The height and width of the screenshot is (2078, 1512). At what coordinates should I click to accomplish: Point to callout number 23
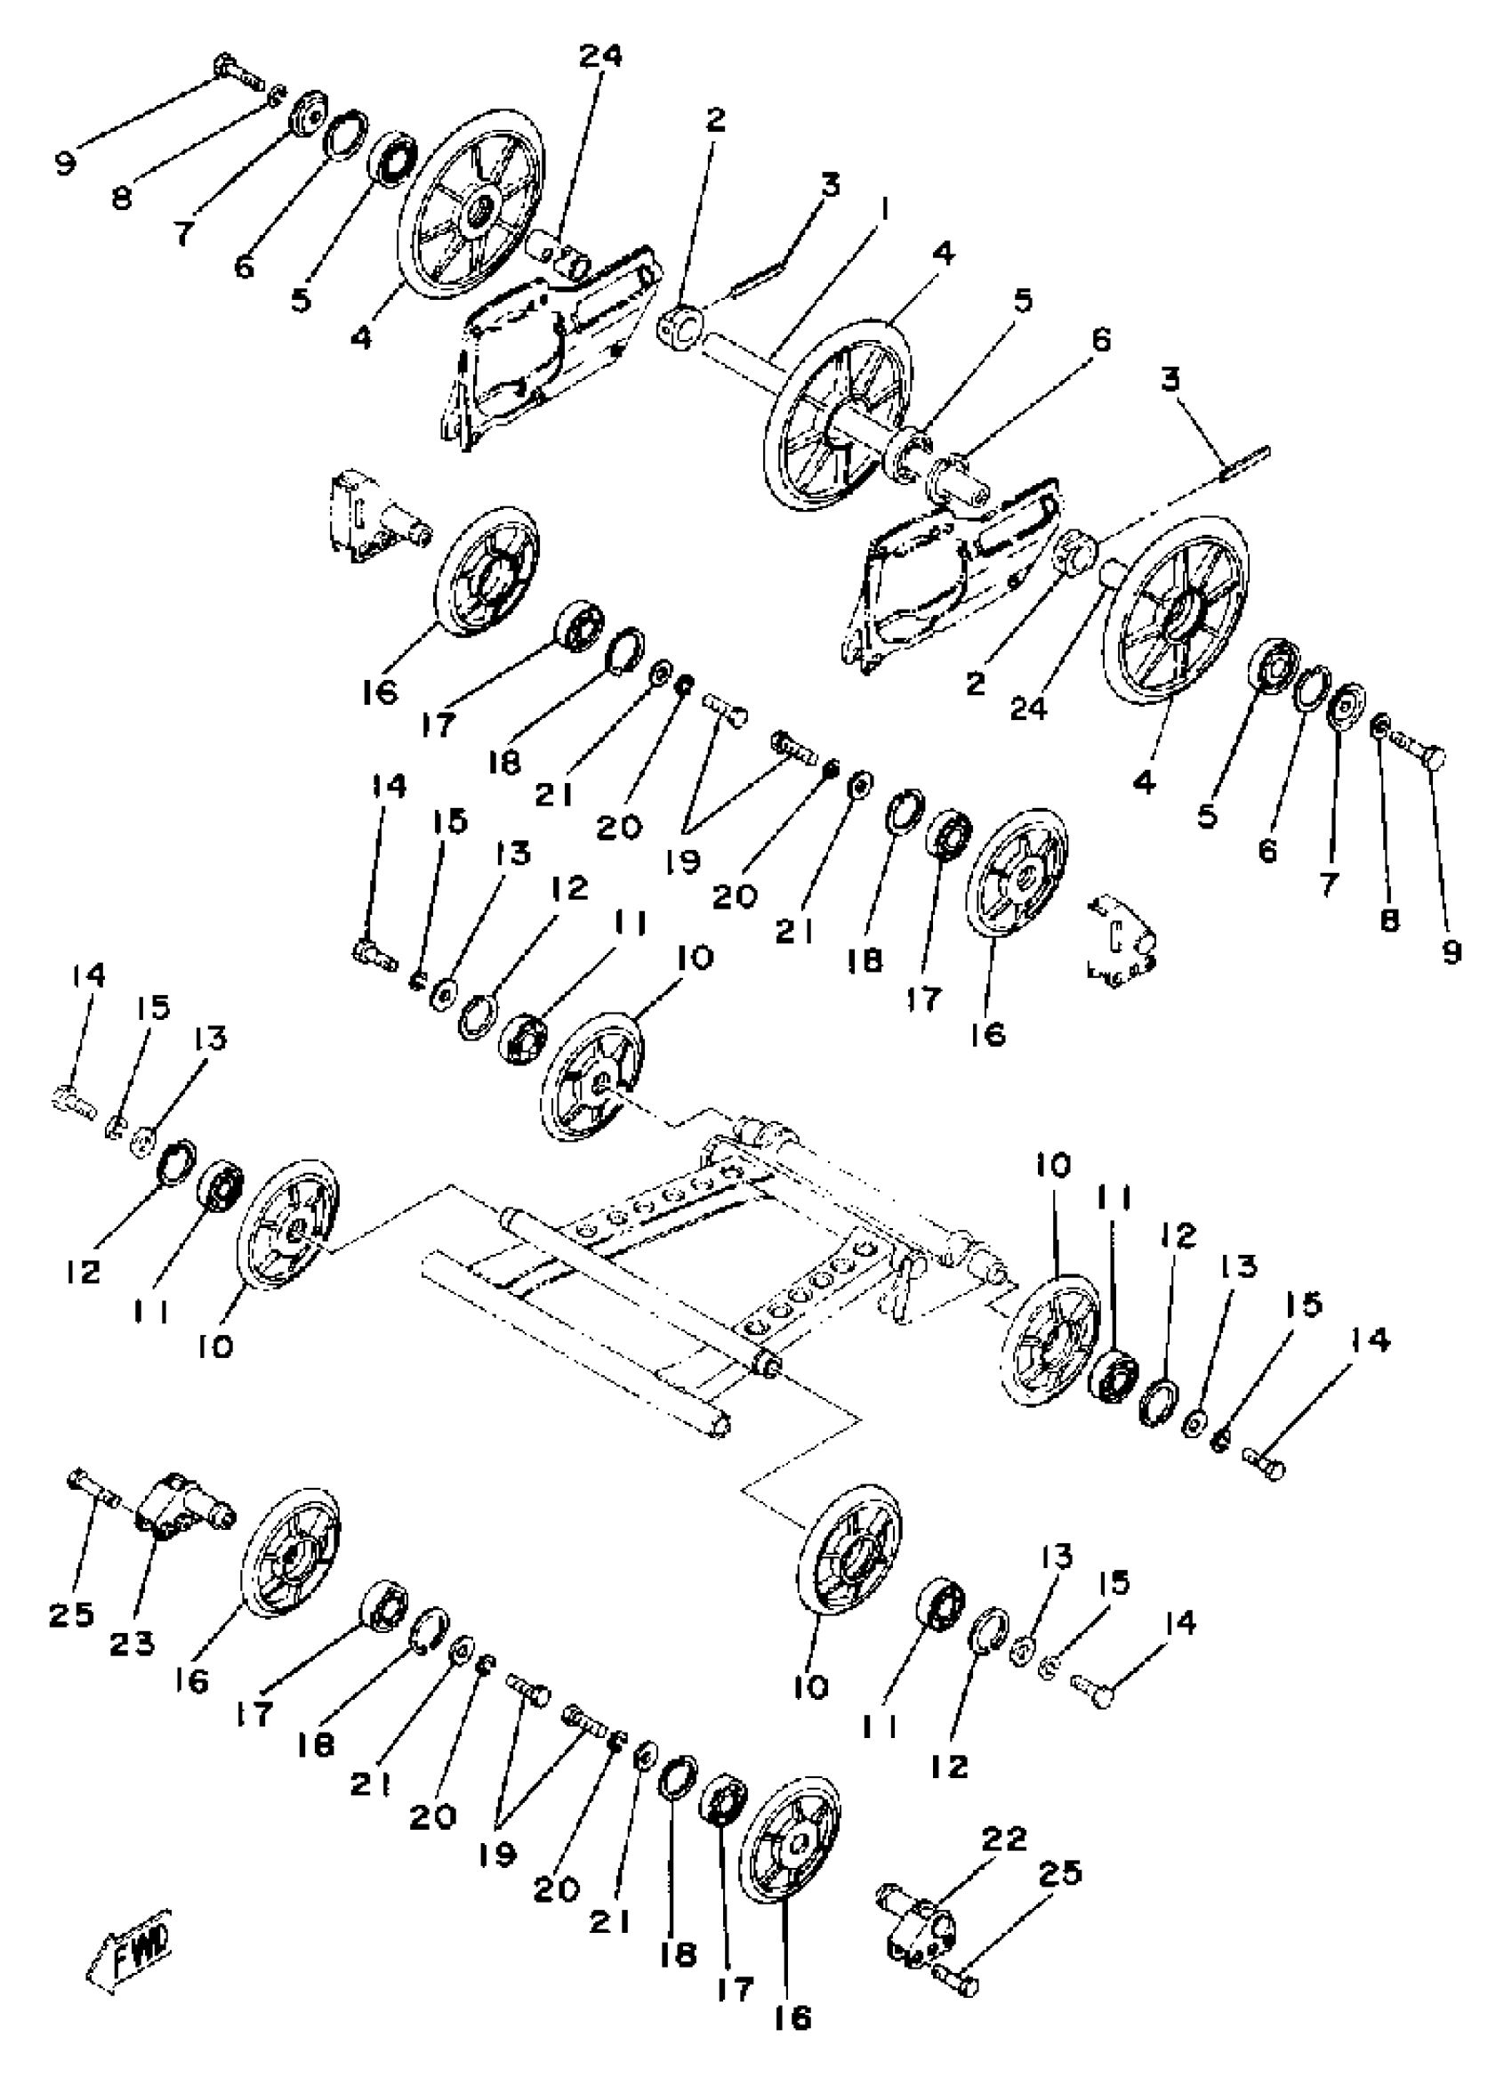pyautogui.click(x=133, y=1645)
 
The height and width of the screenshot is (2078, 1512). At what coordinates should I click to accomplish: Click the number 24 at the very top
pyautogui.click(x=599, y=57)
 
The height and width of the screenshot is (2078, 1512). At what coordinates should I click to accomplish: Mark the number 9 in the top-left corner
pyautogui.click(x=66, y=164)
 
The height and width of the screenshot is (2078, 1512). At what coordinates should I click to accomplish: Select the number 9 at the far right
pyautogui.click(x=1452, y=952)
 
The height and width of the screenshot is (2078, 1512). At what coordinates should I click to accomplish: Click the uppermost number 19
pyautogui.click(x=684, y=861)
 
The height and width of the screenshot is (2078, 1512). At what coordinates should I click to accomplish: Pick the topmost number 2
pyautogui.click(x=714, y=119)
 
